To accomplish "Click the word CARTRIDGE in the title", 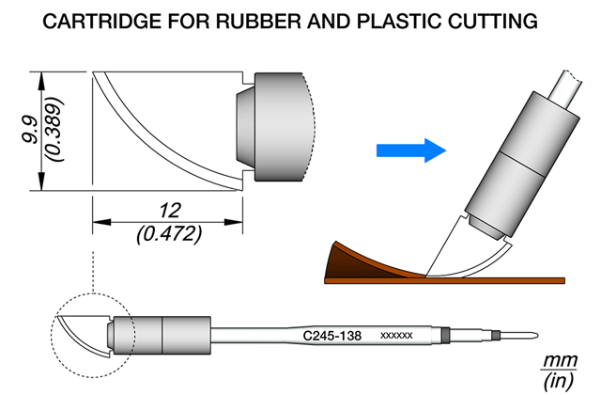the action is click(102, 21).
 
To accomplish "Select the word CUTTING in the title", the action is click(492, 21).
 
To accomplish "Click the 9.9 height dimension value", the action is click(30, 130).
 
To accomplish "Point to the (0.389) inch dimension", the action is click(54, 130).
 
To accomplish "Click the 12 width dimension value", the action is click(169, 211).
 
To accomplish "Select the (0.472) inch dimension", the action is click(169, 234).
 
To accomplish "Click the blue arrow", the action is click(411, 150).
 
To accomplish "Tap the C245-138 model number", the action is click(331, 336).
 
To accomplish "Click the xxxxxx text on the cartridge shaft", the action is click(396, 336).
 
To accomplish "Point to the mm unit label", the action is click(560, 360).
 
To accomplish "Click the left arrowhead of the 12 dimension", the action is click(101, 222).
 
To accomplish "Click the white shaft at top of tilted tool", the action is click(565, 89).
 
